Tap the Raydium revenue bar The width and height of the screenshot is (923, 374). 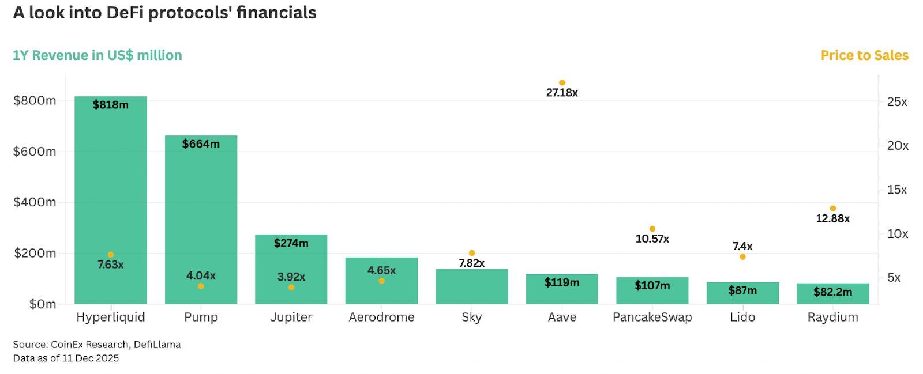click(832, 293)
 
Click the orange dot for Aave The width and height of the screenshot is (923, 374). click(562, 83)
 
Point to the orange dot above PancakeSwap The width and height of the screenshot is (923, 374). click(652, 229)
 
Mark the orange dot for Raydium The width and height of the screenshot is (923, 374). click(833, 209)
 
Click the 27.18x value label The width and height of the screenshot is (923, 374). click(562, 93)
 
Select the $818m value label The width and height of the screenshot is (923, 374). click(111, 105)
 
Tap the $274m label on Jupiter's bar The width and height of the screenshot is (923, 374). click(291, 243)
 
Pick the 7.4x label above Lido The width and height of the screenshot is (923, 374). click(742, 246)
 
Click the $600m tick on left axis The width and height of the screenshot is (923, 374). click(35, 152)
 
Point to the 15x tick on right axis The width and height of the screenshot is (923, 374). click(897, 190)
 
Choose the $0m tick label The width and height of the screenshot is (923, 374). click(43, 304)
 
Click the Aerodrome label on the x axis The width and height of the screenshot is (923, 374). click(381, 318)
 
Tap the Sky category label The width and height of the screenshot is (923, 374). click(471, 318)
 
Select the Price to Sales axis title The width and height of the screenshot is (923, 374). click(864, 55)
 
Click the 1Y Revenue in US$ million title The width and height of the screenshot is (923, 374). click(97, 55)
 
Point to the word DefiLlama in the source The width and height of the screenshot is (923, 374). click(157, 345)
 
